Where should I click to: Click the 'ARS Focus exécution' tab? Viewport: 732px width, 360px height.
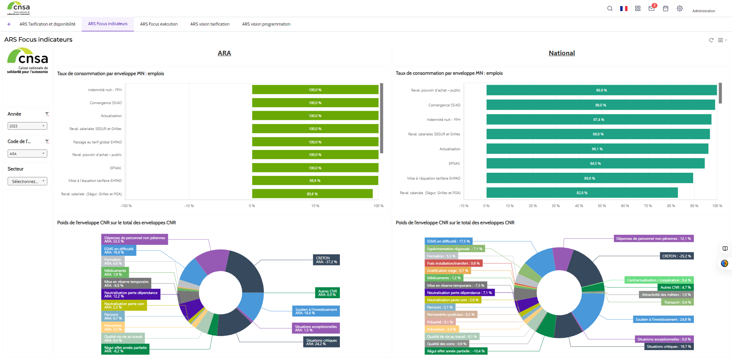(159, 24)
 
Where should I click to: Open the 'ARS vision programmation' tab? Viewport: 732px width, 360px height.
(266, 24)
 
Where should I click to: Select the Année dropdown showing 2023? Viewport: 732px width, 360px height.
(27, 126)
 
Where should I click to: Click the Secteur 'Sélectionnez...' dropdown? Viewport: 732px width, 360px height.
(27, 182)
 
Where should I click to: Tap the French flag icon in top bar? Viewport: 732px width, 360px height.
(624, 8)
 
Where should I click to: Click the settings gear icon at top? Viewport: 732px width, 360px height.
(679, 8)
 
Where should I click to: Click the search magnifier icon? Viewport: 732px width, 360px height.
(610, 8)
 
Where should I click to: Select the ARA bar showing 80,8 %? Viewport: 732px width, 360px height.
(312, 194)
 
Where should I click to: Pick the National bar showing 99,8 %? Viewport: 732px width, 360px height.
(601, 90)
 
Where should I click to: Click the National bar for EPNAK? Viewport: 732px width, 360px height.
(595, 164)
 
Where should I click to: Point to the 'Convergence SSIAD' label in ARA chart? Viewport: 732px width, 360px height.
(106, 103)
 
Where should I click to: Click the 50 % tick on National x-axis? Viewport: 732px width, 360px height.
(602, 206)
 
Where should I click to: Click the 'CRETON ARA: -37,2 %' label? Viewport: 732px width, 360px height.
(326, 260)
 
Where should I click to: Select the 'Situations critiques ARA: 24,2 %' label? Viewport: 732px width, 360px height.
(321, 342)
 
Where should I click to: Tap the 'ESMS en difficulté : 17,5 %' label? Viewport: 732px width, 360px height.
(448, 241)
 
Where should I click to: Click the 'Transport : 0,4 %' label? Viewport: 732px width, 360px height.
(677, 302)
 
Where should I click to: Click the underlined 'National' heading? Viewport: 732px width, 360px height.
(561, 53)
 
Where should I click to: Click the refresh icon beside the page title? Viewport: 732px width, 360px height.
(711, 40)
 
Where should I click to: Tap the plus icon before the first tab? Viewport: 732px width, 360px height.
(9, 24)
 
